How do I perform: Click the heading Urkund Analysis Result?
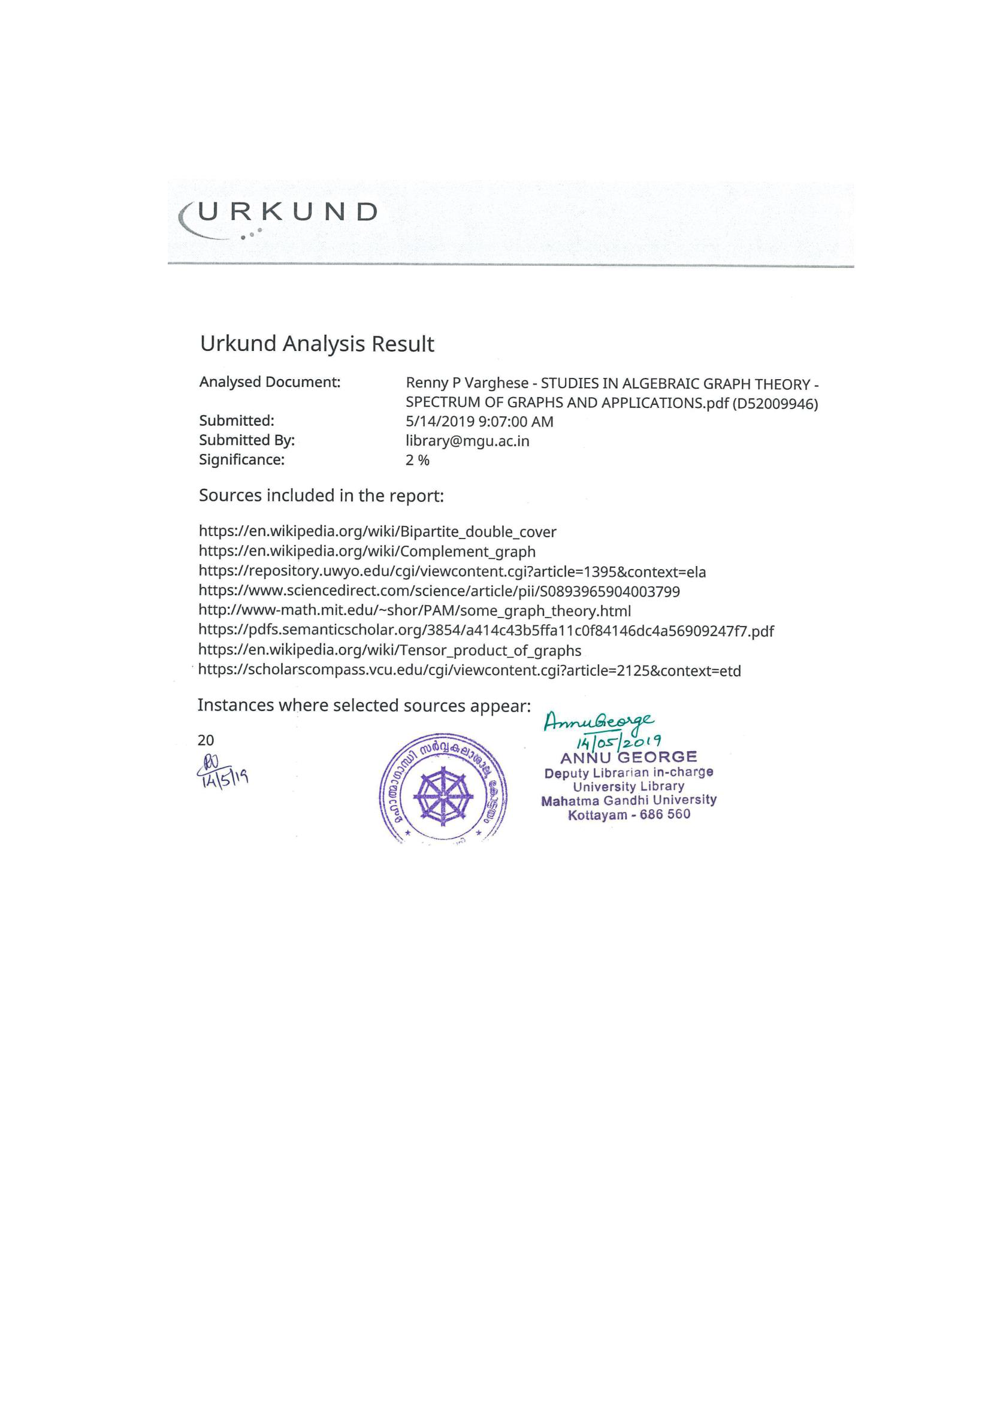pyautogui.click(x=317, y=344)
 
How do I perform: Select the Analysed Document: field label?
pyautogui.click(x=270, y=383)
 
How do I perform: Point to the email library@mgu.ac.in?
pyautogui.click(x=467, y=441)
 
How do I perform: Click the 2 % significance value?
pyautogui.click(x=418, y=461)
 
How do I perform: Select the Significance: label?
pyautogui.click(x=241, y=460)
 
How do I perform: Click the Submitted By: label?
pyautogui.click(x=246, y=441)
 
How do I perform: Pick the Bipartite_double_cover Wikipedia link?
pyautogui.click(x=377, y=532)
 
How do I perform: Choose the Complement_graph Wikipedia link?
pyautogui.click(x=367, y=552)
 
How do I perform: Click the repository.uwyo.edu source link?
pyautogui.click(x=452, y=573)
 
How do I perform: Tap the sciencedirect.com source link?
pyautogui.click(x=439, y=592)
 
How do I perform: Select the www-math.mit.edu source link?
pyautogui.click(x=415, y=612)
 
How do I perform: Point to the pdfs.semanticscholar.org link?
pyautogui.click(x=486, y=631)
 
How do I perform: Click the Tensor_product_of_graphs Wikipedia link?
pyautogui.click(x=389, y=651)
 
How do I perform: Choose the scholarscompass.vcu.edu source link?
pyautogui.click(x=469, y=671)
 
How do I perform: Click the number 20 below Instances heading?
pyautogui.click(x=206, y=741)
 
